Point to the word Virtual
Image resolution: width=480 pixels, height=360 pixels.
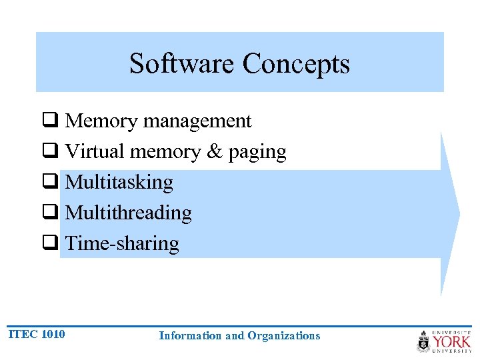[x=95, y=152]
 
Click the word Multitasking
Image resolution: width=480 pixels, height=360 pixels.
[x=119, y=183]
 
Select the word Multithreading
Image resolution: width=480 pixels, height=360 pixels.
[x=129, y=213]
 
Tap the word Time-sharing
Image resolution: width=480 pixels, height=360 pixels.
[x=123, y=244]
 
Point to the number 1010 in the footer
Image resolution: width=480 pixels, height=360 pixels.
[x=53, y=334]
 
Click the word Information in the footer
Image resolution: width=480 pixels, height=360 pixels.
[x=190, y=336]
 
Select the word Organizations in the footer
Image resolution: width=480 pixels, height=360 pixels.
[x=283, y=336]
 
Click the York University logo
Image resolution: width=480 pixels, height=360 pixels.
[x=444, y=341]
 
